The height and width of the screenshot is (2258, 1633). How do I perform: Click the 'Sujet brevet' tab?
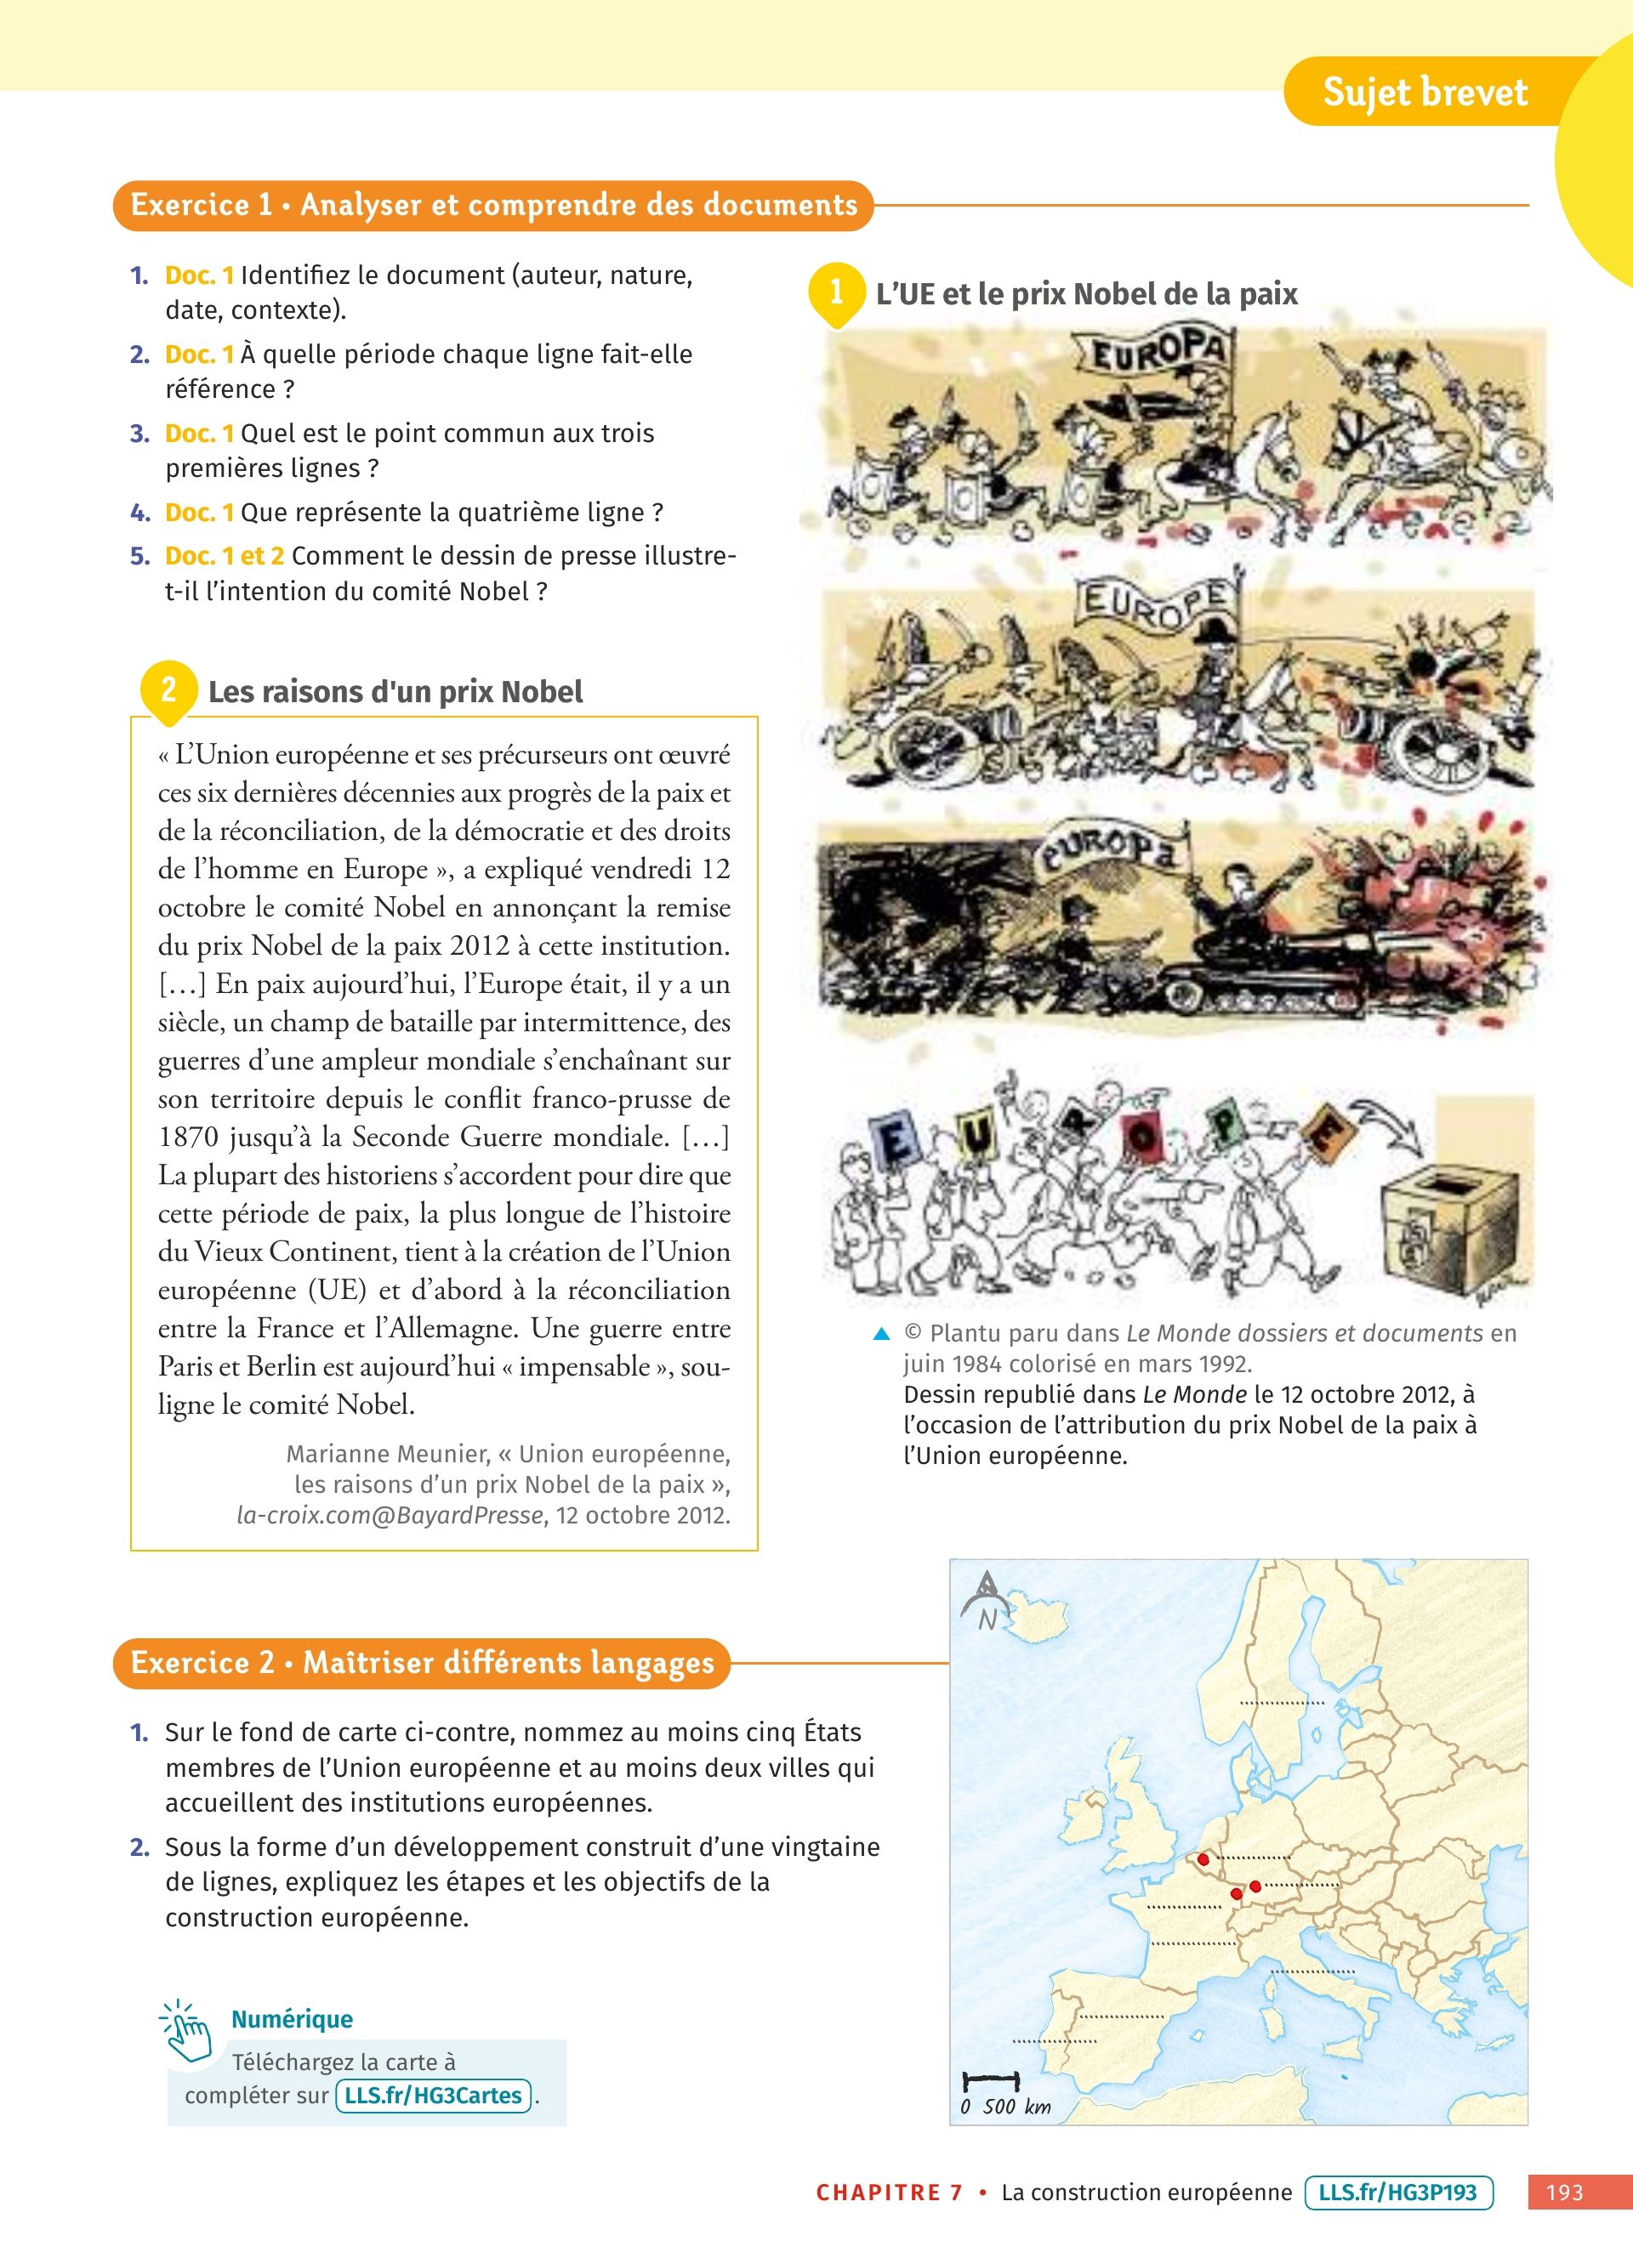coord(1424,93)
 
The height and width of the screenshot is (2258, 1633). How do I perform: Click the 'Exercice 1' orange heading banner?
coord(493,205)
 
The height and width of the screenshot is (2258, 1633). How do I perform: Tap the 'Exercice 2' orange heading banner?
coord(422,1663)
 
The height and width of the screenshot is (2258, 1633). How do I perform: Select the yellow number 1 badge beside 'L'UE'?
coord(835,292)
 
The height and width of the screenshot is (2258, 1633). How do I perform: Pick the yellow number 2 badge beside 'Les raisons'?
coord(168,689)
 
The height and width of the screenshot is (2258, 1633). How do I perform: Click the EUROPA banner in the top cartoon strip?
coord(1156,355)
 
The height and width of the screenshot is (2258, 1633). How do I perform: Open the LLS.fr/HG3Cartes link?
coord(433,2095)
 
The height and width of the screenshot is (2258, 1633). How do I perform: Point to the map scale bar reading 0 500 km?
coord(992,2082)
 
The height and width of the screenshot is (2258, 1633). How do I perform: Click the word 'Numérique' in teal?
coord(292,2019)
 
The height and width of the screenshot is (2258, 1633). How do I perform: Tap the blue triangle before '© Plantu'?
coord(881,1334)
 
